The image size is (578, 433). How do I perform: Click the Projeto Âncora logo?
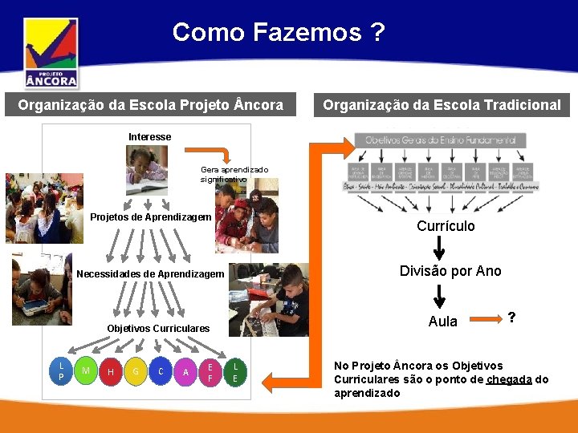point(51,53)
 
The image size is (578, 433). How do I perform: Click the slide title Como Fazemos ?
point(279,32)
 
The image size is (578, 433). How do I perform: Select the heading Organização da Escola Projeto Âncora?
point(151,105)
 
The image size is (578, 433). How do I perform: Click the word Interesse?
point(149,137)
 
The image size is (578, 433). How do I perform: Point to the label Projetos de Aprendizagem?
point(151,217)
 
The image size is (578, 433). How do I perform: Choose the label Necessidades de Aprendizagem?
point(150,274)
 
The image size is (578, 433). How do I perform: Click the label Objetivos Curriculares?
point(158,328)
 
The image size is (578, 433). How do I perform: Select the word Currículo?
point(446,226)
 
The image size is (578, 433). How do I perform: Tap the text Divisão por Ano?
point(450,271)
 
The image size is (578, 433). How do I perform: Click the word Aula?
point(443,322)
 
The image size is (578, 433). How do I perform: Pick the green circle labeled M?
point(85,370)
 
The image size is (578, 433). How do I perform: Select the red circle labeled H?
point(110,371)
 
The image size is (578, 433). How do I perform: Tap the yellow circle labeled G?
point(136,371)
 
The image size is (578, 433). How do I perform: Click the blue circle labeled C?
point(161,371)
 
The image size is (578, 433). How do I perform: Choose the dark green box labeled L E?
point(234,371)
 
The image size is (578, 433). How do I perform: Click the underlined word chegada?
point(508,379)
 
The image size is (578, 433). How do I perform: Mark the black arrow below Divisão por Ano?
point(439,296)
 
